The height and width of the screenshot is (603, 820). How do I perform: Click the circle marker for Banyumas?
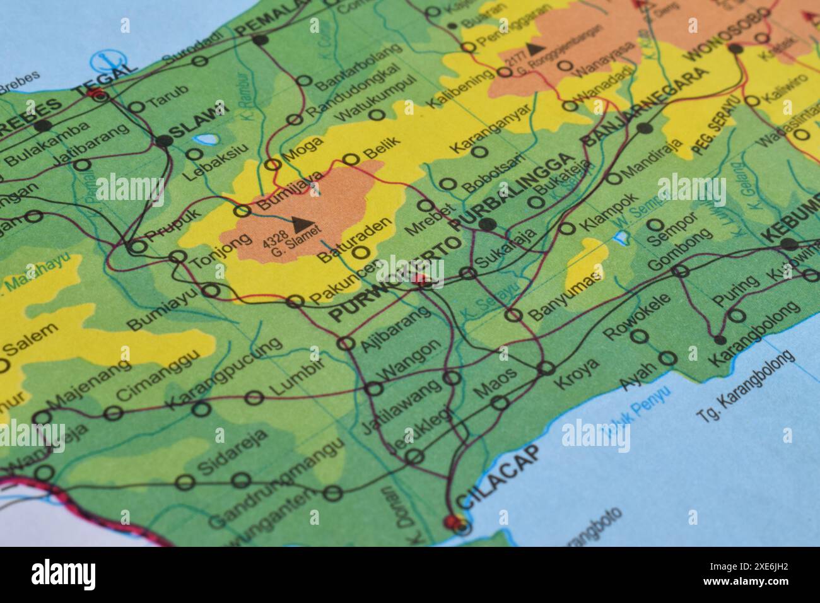point(515,315)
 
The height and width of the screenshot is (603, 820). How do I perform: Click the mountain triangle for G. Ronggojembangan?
point(535,47)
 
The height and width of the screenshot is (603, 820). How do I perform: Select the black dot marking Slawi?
point(164,141)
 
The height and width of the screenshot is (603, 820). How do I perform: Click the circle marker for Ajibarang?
point(346,343)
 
